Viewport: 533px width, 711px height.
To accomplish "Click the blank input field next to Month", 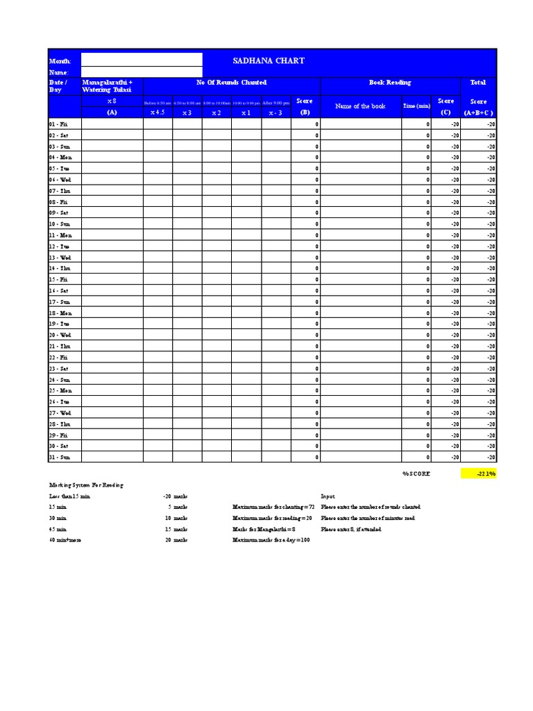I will point(142,60).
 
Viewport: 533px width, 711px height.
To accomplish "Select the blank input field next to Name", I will point(142,72).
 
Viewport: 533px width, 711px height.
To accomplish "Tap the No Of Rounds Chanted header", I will point(231,83).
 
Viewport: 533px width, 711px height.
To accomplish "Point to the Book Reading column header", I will point(389,83).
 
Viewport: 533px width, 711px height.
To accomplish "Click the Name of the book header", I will point(360,106).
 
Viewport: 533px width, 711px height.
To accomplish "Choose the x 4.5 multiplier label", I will point(158,112).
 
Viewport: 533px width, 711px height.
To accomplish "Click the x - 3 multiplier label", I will point(276,112).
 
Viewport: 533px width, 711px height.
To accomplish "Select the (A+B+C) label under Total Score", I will point(479,112).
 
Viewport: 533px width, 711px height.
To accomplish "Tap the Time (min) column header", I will point(416,106).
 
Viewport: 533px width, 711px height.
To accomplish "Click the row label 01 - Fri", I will point(58,124).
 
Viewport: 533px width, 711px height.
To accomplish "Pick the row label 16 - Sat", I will point(58,291).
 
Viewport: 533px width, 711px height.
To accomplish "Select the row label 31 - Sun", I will point(59,458).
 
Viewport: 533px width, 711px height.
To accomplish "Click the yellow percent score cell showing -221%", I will point(478,474).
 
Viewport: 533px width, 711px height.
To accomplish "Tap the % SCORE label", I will point(416,474).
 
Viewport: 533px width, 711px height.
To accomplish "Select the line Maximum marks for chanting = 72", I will point(273,508).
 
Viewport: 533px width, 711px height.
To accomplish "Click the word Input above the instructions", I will point(328,496).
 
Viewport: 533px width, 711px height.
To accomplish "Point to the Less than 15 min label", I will point(69,496).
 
